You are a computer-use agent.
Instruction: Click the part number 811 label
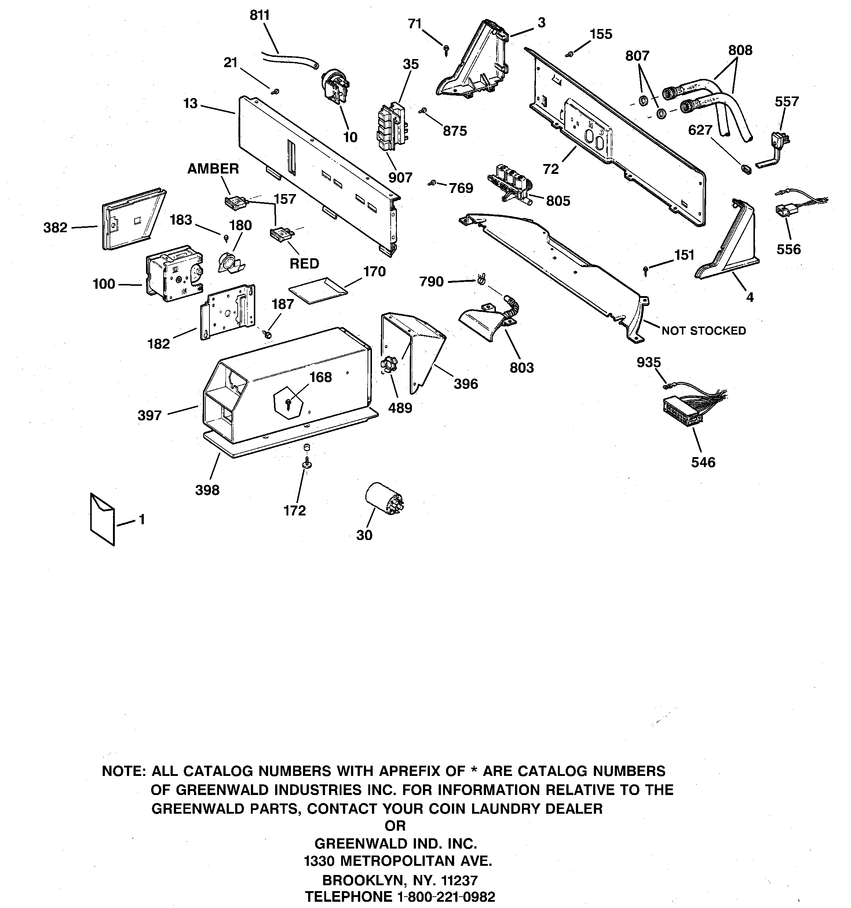tap(259, 15)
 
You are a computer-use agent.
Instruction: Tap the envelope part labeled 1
tap(102, 519)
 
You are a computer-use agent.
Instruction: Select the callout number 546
tap(703, 462)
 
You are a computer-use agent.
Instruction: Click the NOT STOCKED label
tap(704, 330)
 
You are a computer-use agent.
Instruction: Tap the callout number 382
tap(55, 227)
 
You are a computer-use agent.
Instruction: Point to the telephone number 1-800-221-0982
tap(446, 897)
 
